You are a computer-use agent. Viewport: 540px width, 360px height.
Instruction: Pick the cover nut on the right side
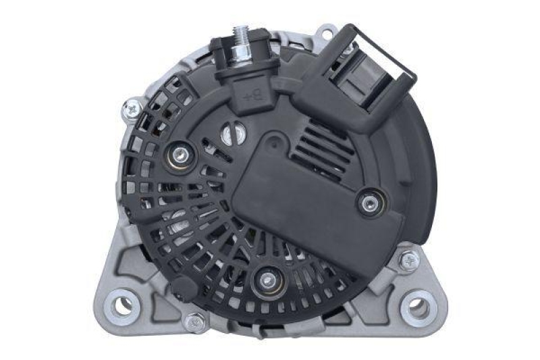tap(368, 201)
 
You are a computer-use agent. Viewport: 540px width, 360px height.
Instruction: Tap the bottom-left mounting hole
tap(122, 305)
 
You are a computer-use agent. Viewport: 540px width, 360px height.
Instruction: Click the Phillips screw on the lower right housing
tap(408, 260)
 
